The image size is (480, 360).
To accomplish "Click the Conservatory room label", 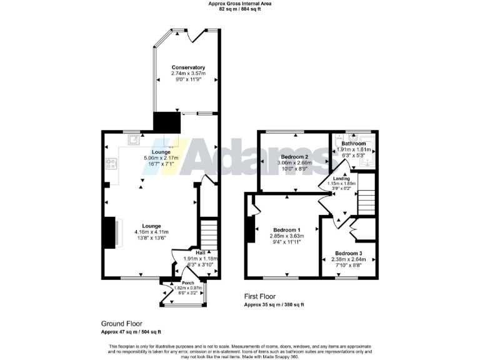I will pyautogui.click(x=188, y=67).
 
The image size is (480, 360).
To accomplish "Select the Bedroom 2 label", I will pyautogui.click(x=294, y=156).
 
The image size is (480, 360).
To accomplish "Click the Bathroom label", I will pyautogui.click(x=353, y=144).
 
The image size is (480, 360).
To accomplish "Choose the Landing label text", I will pyautogui.click(x=341, y=179).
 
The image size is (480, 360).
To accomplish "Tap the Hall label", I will pyautogui.click(x=201, y=252).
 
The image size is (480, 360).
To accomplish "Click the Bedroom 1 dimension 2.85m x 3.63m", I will pyautogui.click(x=286, y=236).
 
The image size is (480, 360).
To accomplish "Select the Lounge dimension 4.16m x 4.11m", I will pyautogui.click(x=152, y=232).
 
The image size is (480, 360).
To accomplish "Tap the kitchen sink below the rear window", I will pyautogui.click(x=133, y=140).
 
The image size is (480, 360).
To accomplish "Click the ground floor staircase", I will pyautogui.click(x=208, y=234).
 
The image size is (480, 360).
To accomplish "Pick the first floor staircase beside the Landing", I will pyautogui.click(x=366, y=193).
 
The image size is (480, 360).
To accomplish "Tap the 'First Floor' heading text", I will pyautogui.click(x=259, y=296).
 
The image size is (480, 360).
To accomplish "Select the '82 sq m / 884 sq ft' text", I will pyautogui.click(x=239, y=9).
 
